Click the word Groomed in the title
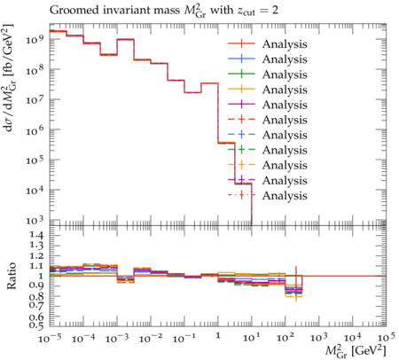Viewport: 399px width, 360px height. point(74,11)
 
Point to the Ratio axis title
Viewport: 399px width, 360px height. point(12,276)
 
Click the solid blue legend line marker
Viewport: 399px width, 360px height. point(241,59)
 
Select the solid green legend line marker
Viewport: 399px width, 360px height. point(241,74)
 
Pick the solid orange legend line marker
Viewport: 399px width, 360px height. point(241,89)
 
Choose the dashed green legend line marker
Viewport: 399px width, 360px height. point(241,150)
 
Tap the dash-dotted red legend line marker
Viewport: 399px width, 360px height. point(241,195)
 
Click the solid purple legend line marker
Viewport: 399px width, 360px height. point(241,104)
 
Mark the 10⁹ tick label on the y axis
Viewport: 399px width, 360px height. point(35,39)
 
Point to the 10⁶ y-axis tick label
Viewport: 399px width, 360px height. point(35,129)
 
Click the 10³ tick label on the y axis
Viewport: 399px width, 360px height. point(35,220)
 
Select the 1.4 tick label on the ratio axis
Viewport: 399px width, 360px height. point(36,236)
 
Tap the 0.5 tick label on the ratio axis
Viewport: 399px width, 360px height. point(36,325)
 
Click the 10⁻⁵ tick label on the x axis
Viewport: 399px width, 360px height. point(50,338)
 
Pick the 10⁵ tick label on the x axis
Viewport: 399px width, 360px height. point(386,338)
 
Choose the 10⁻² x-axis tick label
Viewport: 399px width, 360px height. point(151,338)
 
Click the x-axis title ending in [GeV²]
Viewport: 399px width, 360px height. point(356,350)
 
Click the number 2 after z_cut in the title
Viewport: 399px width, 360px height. point(275,11)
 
